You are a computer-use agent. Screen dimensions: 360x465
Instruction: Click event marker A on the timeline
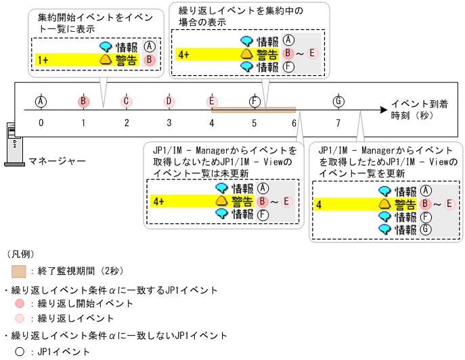(x=41, y=102)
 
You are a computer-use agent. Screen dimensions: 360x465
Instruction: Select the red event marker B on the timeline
(x=83, y=102)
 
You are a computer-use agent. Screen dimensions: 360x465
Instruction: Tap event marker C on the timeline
(x=126, y=102)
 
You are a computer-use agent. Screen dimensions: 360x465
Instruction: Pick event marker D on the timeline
(x=169, y=102)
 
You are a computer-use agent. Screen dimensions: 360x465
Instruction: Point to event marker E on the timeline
(x=212, y=102)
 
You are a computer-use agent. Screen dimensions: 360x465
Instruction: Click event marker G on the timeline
(x=338, y=102)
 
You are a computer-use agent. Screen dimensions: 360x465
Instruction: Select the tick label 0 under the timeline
(x=41, y=123)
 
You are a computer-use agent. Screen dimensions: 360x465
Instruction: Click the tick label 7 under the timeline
(x=338, y=123)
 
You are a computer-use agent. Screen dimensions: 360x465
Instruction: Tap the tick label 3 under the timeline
(x=169, y=123)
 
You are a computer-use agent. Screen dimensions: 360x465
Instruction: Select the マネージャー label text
(x=57, y=161)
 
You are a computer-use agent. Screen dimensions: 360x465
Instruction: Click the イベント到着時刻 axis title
(x=418, y=110)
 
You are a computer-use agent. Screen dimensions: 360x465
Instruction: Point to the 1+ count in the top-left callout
(x=43, y=60)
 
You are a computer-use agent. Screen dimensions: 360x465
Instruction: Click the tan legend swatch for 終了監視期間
(x=19, y=271)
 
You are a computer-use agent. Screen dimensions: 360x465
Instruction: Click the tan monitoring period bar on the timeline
(x=254, y=109)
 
